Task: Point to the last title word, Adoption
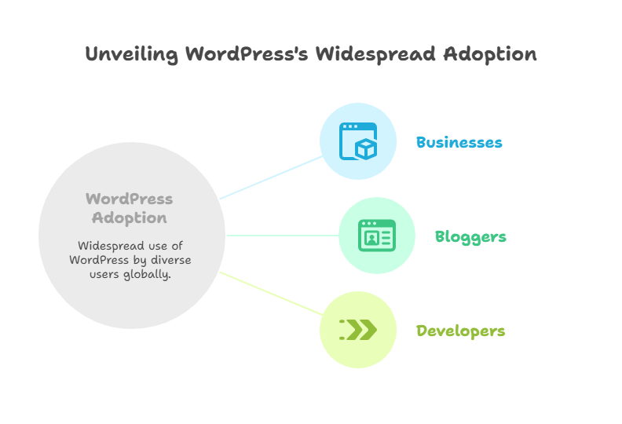coord(490,54)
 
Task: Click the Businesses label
coord(459,142)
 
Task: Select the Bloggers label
coord(470,236)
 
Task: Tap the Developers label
coord(460,331)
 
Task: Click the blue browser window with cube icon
coord(357,141)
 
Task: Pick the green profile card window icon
coord(376,236)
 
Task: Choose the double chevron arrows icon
coord(358,330)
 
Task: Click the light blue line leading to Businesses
coord(271,177)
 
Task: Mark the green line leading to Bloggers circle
coord(283,235)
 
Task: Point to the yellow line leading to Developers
coord(271,293)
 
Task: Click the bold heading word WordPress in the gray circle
coord(129,199)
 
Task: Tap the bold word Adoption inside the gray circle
coord(129,217)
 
